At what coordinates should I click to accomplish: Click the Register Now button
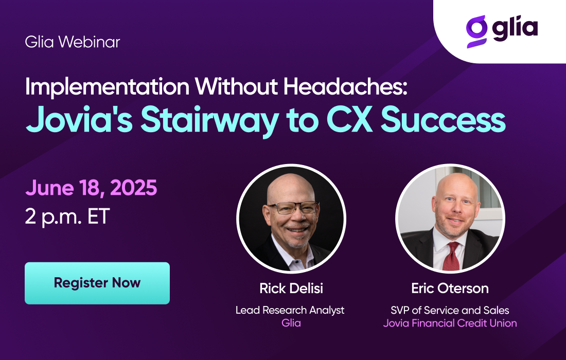pos(97,283)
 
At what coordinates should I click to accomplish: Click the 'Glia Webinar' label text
pos(72,42)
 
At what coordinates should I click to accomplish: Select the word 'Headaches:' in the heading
pos(345,87)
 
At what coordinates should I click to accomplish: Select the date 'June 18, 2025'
pos(91,188)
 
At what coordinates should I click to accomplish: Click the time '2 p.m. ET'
pos(67,217)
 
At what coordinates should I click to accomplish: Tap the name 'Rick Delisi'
pos(291,288)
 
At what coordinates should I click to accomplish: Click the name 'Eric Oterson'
pos(450,288)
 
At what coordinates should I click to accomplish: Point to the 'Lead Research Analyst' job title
pos(290,310)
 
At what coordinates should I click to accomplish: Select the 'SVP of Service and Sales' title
pos(450,310)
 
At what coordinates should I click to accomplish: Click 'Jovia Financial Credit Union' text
pos(450,323)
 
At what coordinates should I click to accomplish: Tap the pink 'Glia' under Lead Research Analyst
pos(291,323)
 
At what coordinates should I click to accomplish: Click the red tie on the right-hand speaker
pos(452,257)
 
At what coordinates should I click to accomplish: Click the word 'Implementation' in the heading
pos(107,87)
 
